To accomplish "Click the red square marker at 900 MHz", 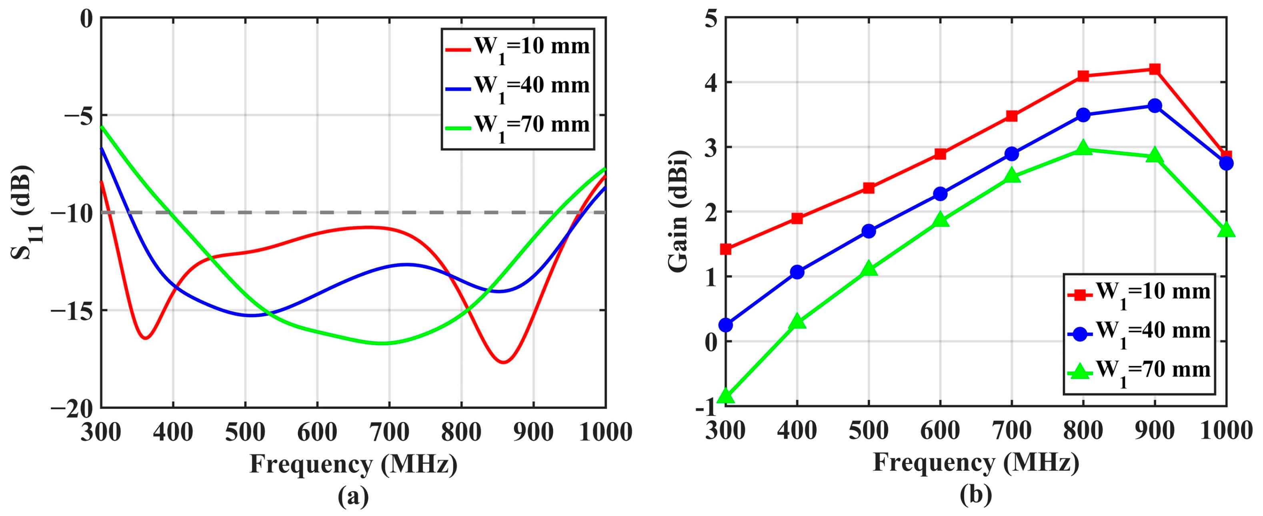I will point(1155,69).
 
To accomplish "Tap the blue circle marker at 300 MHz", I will point(726,325).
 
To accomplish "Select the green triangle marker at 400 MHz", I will point(797,322).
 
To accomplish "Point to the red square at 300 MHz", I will point(726,249).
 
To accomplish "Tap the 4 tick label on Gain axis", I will point(711,82).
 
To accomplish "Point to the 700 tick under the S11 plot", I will point(389,432).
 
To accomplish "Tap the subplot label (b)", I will point(976,496).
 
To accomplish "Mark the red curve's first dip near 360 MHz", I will point(146,338).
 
